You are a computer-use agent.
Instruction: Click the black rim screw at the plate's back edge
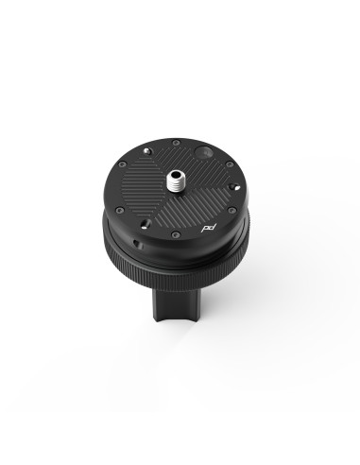tap(176, 142)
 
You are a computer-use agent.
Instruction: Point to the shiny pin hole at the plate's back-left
tap(148, 151)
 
